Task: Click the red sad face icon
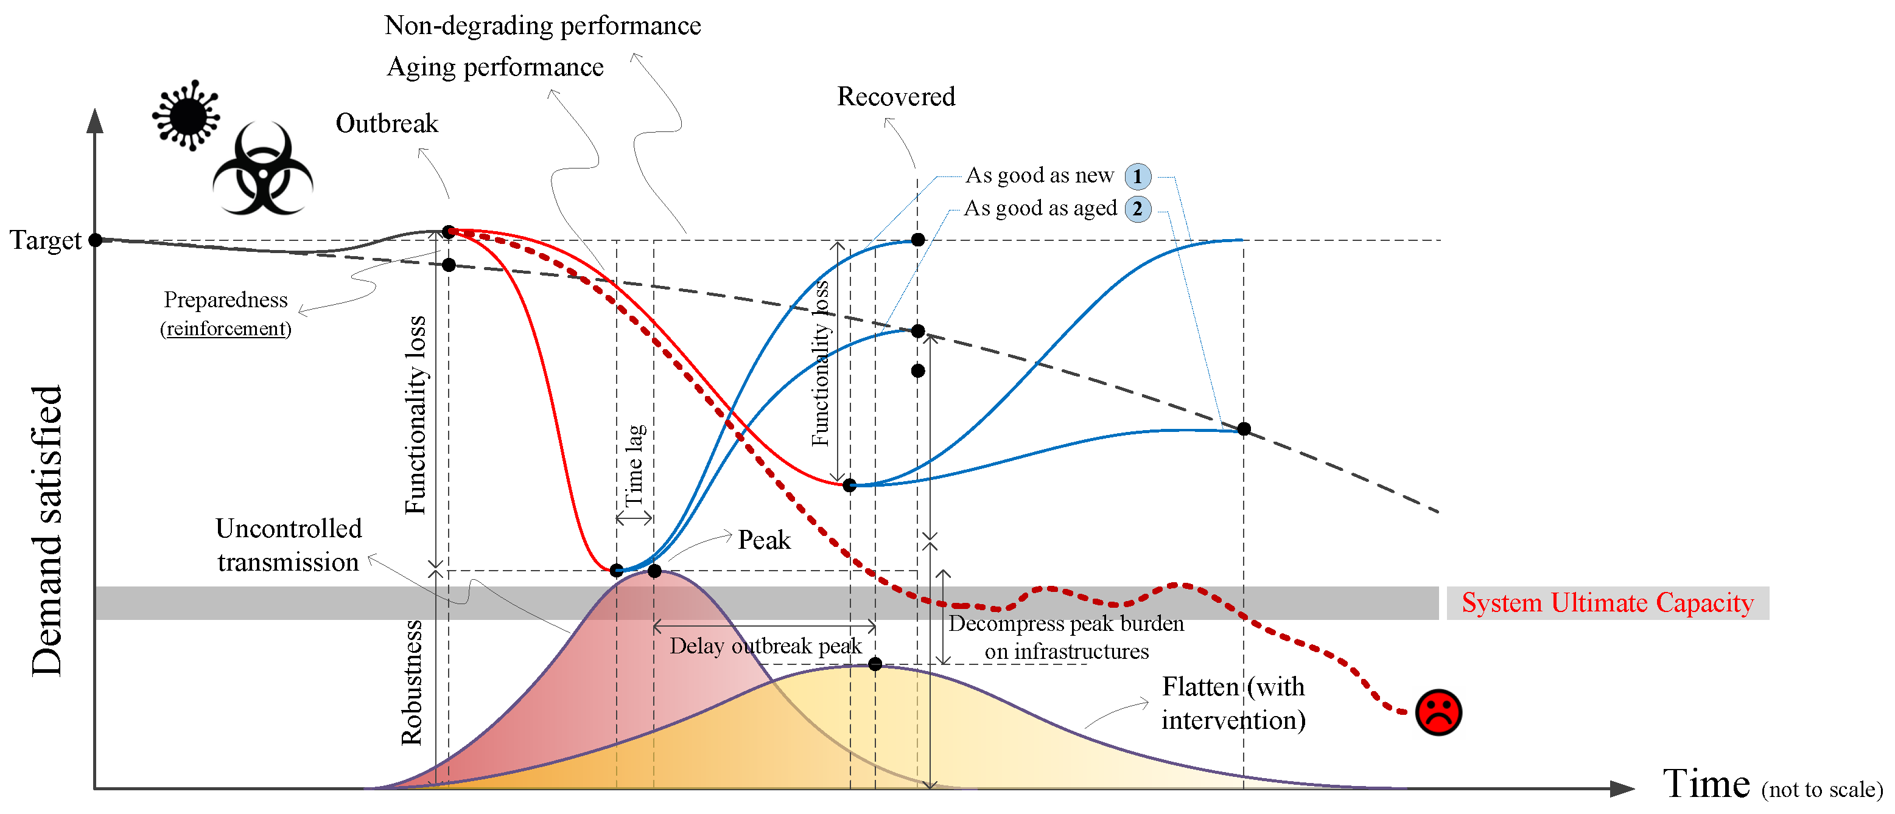[1438, 712]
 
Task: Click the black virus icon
[187, 116]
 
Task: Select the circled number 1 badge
[1137, 176]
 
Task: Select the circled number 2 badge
[1137, 209]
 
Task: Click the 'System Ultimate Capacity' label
[1607, 603]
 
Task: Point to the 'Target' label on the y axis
[45, 240]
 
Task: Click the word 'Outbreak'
[387, 123]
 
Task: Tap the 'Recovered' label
[896, 96]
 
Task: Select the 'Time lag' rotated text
[635, 465]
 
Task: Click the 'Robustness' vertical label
[412, 683]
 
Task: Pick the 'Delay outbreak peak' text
[765, 646]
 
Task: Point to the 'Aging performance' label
[495, 67]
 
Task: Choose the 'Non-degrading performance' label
[542, 26]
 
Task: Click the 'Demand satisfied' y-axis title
[46, 529]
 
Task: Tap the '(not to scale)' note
[1821, 790]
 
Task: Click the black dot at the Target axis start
[95, 240]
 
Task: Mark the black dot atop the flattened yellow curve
[875, 664]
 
